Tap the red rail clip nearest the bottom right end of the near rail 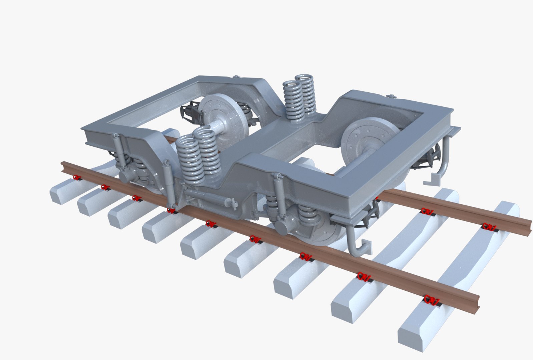pos(431,300)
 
